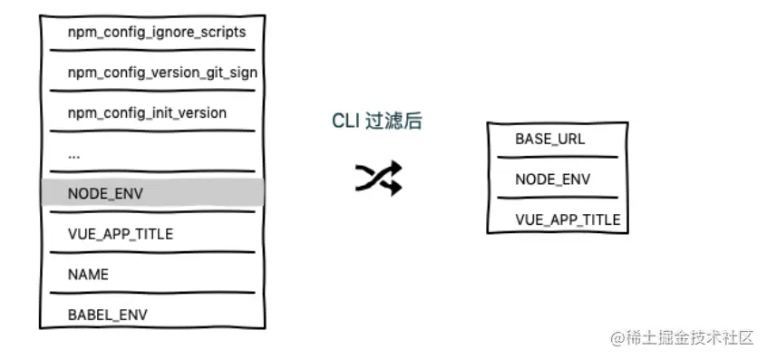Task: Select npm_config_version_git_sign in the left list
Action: [x=162, y=73]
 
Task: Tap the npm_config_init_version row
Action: [x=147, y=112]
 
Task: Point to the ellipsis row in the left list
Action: [x=74, y=153]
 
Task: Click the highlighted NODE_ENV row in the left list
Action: [x=152, y=193]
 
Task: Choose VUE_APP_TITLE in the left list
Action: [x=120, y=234]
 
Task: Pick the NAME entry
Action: [x=88, y=274]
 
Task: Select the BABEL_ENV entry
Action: [x=107, y=315]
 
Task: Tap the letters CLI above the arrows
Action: [x=344, y=122]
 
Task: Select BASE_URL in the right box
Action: [x=549, y=140]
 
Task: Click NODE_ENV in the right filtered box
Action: [x=552, y=180]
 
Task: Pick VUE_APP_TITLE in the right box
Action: [x=568, y=219]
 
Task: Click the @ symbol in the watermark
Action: [x=617, y=338]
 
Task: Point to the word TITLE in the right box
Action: [x=603, y=219]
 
